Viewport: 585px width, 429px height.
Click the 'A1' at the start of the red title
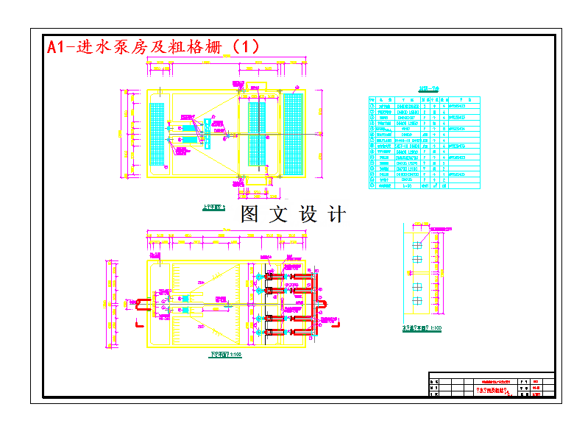55,47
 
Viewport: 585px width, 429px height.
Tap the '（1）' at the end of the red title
244,46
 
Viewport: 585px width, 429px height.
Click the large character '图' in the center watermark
250,214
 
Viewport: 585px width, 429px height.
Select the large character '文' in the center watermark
278,214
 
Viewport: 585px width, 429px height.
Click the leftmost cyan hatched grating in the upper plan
157,134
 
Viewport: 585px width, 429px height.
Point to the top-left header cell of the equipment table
372,99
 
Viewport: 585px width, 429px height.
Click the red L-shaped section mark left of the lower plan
137,322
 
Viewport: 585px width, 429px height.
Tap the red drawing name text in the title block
494,390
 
